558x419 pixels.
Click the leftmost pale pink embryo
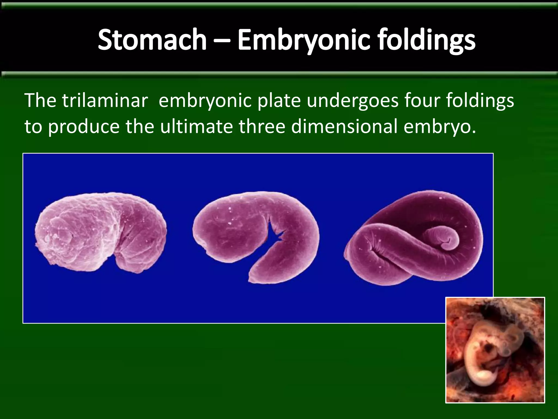101,232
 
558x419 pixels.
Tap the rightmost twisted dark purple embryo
414,240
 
